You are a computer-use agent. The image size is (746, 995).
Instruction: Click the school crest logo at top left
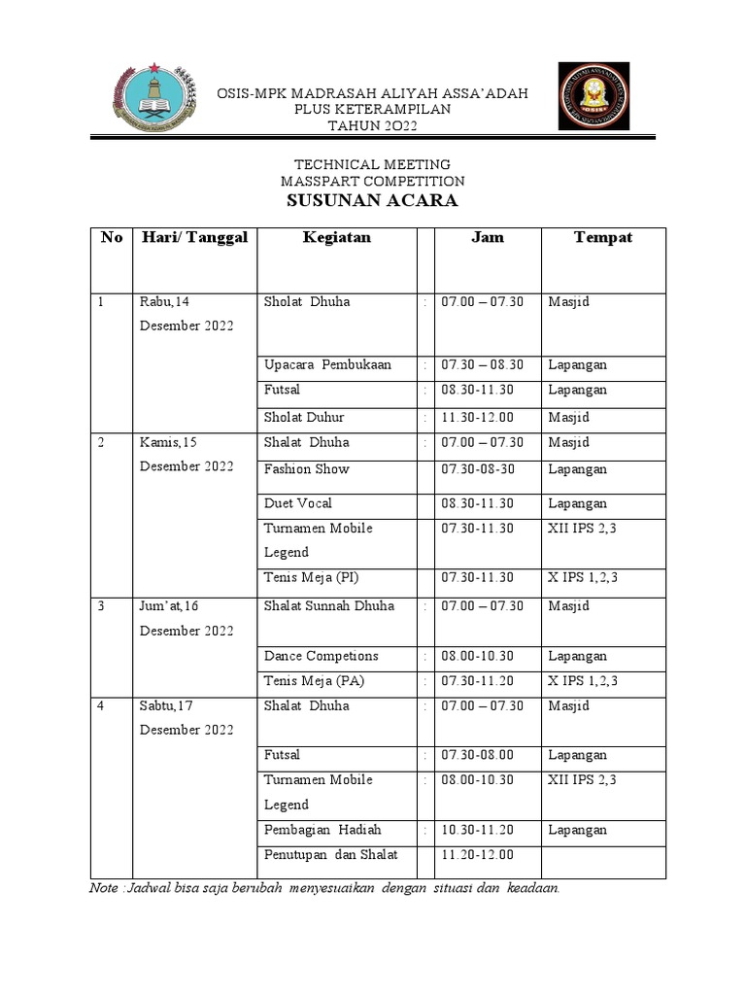[x=154, y=98]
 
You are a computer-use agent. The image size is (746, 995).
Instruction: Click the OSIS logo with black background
[x=593, y=96]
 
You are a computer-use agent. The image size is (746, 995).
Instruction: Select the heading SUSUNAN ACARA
[x=372, y=202]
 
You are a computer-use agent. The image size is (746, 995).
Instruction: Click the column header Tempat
[x=602, y=238]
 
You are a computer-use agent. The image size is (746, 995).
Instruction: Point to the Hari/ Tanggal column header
[x=194, y=238]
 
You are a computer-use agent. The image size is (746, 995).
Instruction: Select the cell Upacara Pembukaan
[x=327, y=365]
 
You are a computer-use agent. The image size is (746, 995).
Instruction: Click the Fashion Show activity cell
[x=306, y=469]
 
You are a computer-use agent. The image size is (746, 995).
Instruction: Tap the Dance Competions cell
[x=321, y=656]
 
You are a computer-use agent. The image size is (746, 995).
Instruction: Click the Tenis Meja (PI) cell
[x=311, y=577]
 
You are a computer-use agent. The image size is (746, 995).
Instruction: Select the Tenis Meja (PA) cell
[x=314, y=680]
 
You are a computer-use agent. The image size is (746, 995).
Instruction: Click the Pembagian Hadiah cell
[x=322, y=830]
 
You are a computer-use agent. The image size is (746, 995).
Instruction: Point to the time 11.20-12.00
[x=477, y=855]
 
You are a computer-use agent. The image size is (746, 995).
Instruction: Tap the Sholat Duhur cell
[x=304, y=417]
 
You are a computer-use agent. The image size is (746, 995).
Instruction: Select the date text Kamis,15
[x=168, y=442]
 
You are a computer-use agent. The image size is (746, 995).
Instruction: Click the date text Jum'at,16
[x=169, y=606]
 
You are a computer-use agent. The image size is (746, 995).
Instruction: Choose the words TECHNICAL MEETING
[x=372, y=165]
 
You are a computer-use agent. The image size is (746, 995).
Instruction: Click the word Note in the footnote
[x=103, y=888]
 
